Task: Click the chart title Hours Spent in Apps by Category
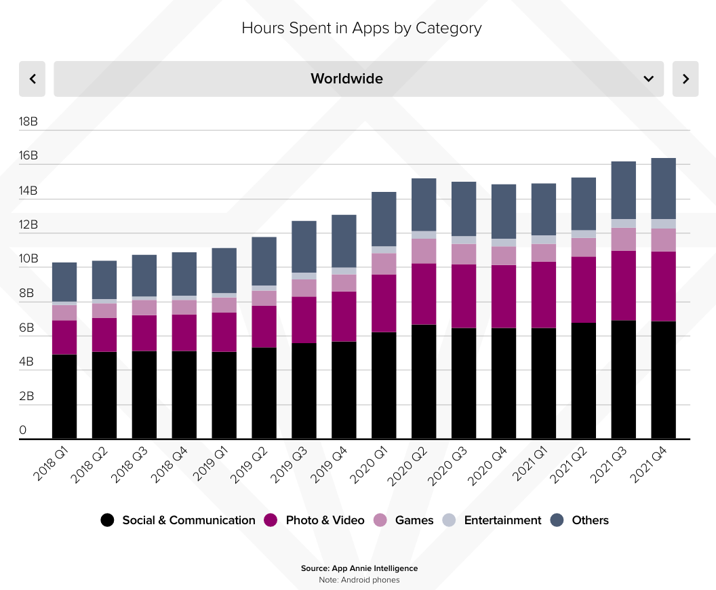coord(361,28)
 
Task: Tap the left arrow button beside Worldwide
coord(32,79)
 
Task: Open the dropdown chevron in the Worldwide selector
coord(648,79)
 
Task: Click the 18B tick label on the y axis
coord(28,122)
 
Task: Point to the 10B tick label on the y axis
coord(28,259)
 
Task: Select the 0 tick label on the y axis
coord(23,431)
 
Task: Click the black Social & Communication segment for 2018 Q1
coord(64,396)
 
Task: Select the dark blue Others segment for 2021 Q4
coord(663,189)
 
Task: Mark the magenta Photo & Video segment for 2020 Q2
coord(424,294)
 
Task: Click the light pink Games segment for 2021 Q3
coord(623,239)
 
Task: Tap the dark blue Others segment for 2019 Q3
coord(304,247)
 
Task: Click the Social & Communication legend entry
coord(178,520)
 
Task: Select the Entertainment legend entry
coord(494,520)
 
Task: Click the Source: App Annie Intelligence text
coord(359,568)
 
